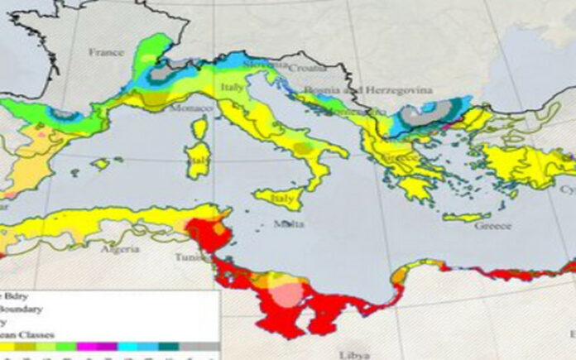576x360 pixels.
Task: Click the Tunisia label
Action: pos(195,257)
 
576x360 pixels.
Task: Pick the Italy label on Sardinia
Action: pos(199,157)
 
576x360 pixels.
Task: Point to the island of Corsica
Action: pos(199,128)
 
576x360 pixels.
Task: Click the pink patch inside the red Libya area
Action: pos(287,294)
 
